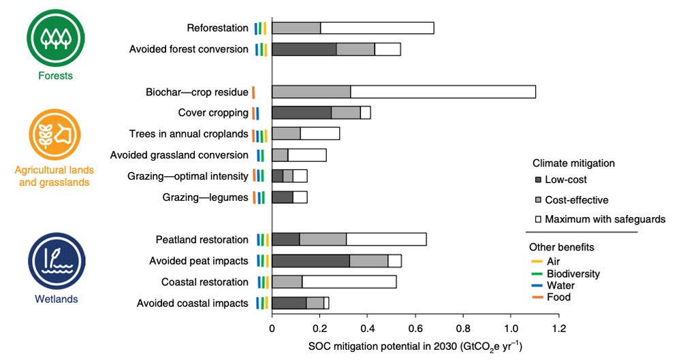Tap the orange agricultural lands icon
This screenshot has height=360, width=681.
56,133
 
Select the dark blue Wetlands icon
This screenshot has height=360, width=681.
56,261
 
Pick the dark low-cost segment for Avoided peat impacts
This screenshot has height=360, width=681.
311,261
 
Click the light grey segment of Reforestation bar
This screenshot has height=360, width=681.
296,28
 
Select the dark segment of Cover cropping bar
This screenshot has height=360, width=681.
302,113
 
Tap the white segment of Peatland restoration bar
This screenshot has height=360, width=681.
386,240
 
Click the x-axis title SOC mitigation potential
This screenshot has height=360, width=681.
414,346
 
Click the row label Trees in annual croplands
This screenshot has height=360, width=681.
188,134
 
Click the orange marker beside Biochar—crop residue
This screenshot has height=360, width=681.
253,92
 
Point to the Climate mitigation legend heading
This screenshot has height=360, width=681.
573,163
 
